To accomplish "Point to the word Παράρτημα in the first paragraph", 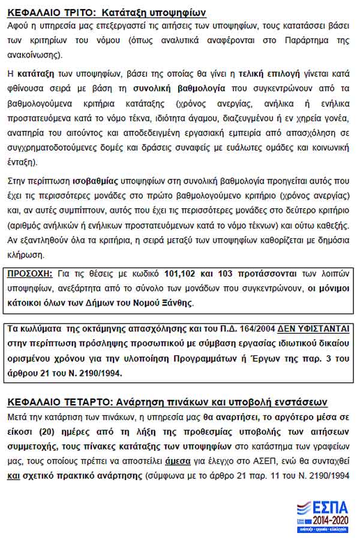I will pos(303,40).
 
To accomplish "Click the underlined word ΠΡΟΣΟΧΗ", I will pos(29,274).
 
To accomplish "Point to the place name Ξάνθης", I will pos(175,303).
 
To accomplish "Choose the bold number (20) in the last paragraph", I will pos(39,431).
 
